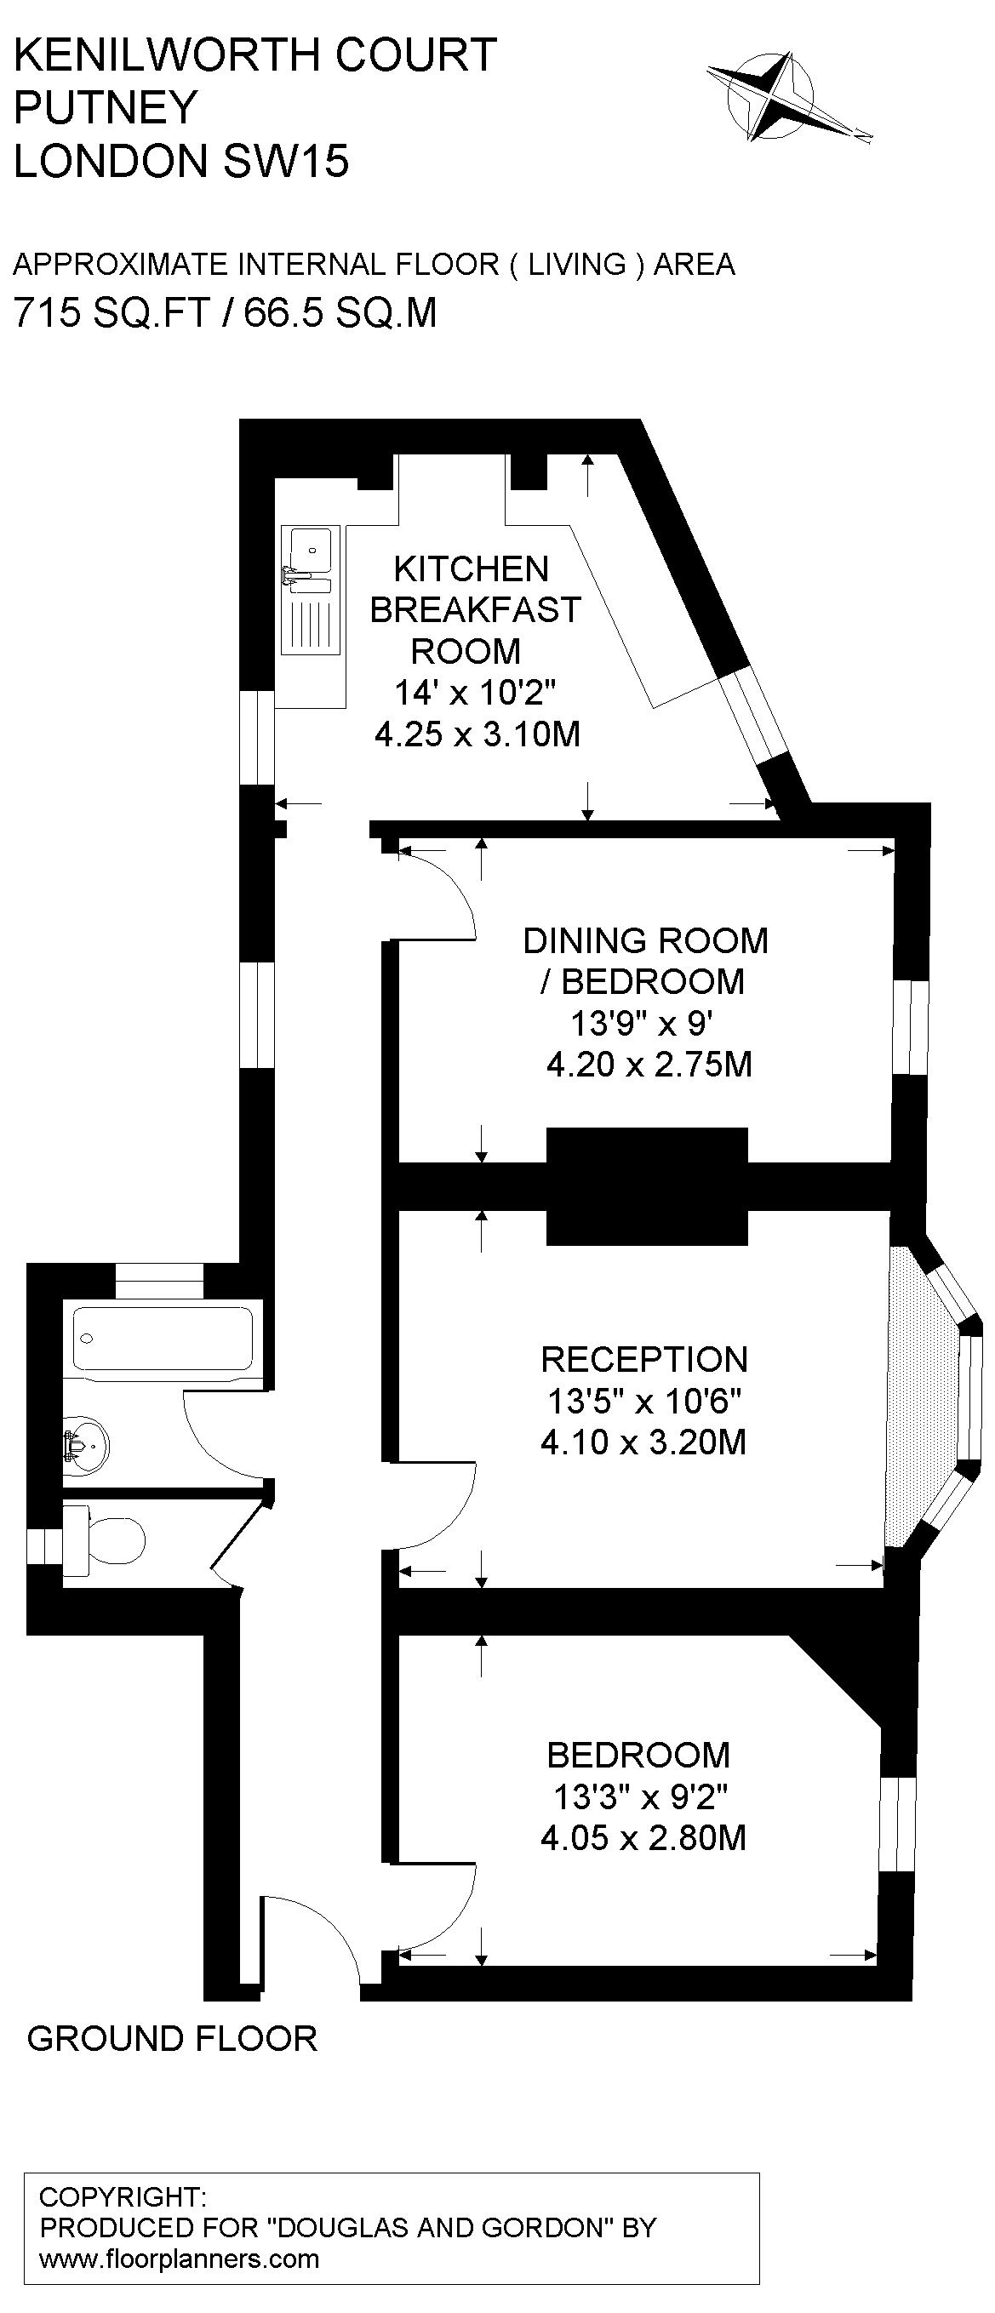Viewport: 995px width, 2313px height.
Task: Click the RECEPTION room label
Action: (643, 1358)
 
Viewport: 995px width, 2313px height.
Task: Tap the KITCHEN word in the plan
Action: (472, 569)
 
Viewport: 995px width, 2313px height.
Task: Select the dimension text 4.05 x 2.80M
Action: (643, 1838)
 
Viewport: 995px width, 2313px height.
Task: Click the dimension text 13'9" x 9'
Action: (642, 1023)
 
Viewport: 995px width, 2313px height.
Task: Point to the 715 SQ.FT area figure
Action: (112, 313)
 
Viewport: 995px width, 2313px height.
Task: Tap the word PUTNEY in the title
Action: (105, 108)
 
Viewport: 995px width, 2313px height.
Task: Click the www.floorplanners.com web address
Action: (180, 2259)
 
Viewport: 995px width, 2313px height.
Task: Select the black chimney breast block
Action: (647, 1185)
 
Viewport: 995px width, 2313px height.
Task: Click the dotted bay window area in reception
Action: (916, 1401)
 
